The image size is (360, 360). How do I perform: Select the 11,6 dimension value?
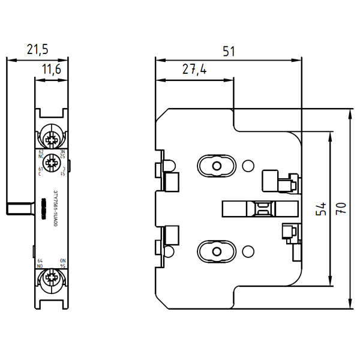tap(52, 71)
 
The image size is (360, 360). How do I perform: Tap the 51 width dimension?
tap(229, 52)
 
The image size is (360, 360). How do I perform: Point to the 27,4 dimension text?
tap(194, 70)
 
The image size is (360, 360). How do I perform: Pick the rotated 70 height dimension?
tap(341, 209)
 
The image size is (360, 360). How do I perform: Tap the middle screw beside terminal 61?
tap(51, 160)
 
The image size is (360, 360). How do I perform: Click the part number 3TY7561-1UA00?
tap(56, 208)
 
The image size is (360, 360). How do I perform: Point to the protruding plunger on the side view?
tap(20, 208)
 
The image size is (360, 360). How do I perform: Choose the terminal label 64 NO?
tap(40, 263)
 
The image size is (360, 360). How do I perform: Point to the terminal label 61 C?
tap(41, 171)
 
